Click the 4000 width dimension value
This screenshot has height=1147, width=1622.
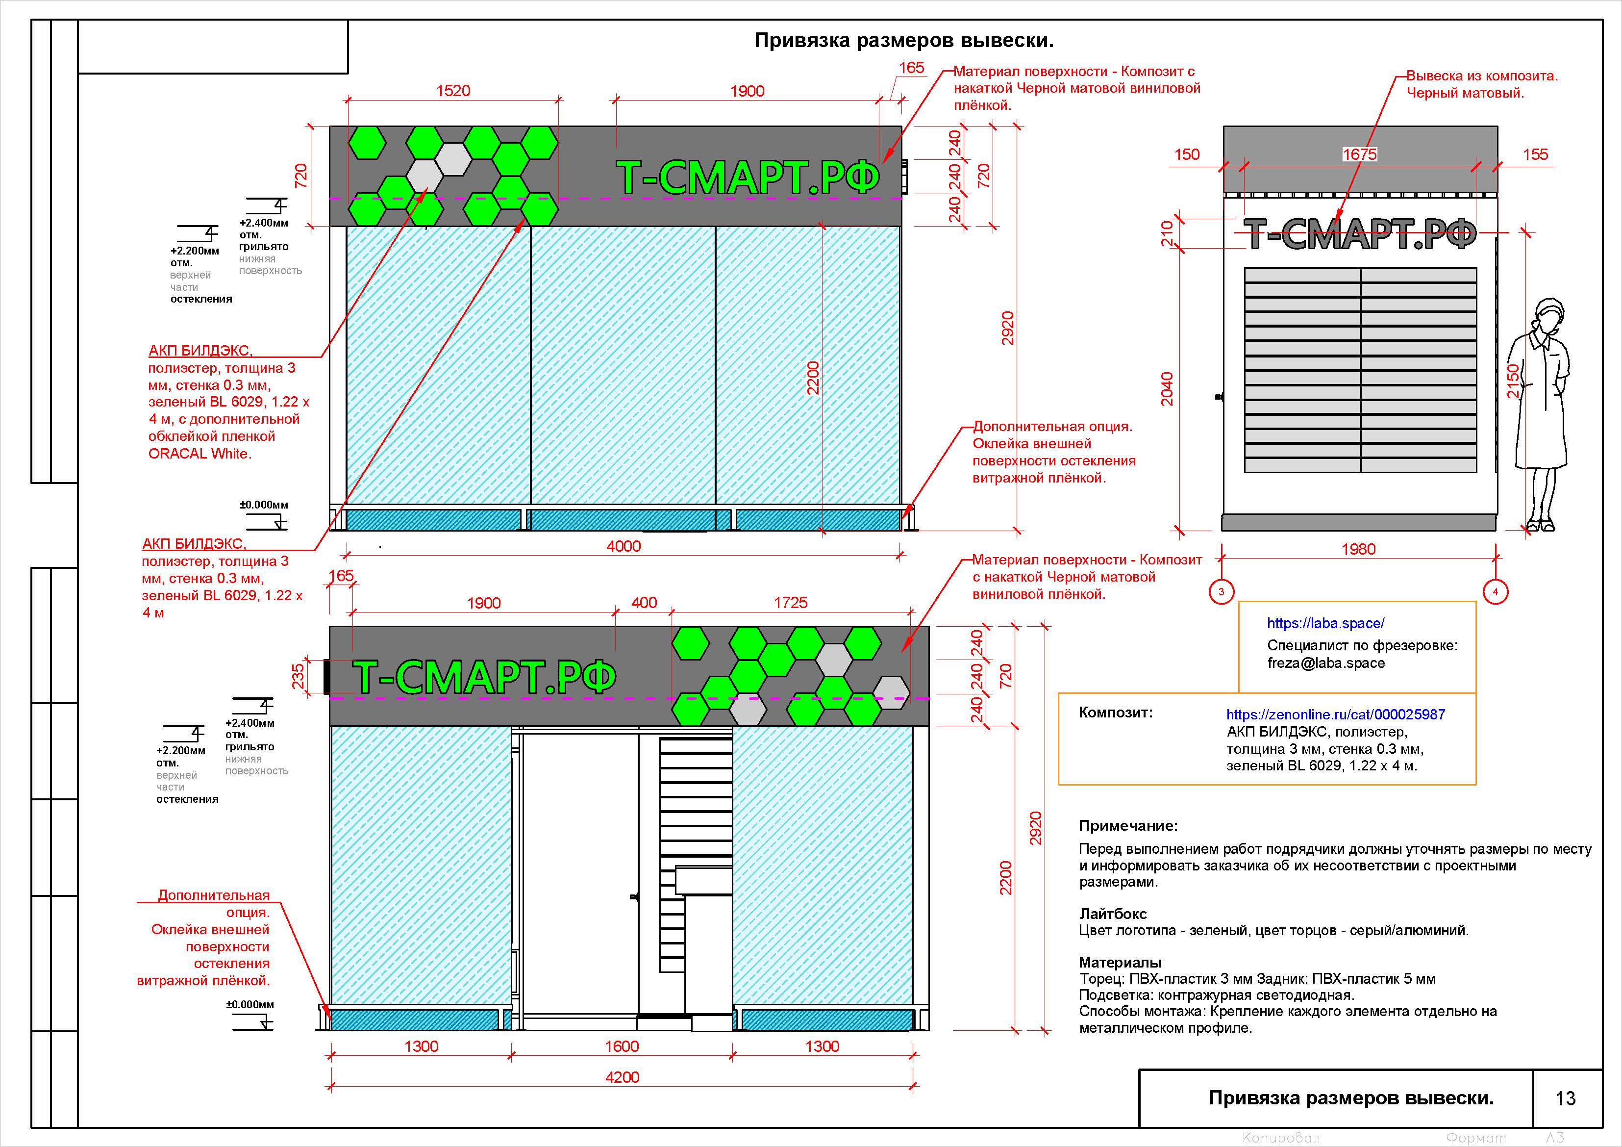[x=623, y=546]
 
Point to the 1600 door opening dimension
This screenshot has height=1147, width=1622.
[x=622, y=1046]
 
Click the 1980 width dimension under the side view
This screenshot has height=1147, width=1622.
[x=1358, y=549]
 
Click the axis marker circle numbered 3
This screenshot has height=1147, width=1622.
[x=1222, y=591]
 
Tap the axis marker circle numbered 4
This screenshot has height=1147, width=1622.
[x=1495, y=591]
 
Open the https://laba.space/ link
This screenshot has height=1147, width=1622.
[x=1325, y=623]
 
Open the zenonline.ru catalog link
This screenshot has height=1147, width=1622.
[x=1335, y=714]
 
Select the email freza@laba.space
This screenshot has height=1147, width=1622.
[x=1325, y=663]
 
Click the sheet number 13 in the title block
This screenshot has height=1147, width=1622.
[x=1566, y=1098]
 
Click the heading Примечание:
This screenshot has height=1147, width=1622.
[x=1127, y=825]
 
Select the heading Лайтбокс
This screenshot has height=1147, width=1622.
[x=1113, y=914]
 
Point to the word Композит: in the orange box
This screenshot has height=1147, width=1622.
[x=1115, y=713]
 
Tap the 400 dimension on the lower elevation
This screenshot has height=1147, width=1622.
[x=644, y=603]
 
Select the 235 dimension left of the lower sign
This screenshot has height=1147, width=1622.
[x=298, y=676]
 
